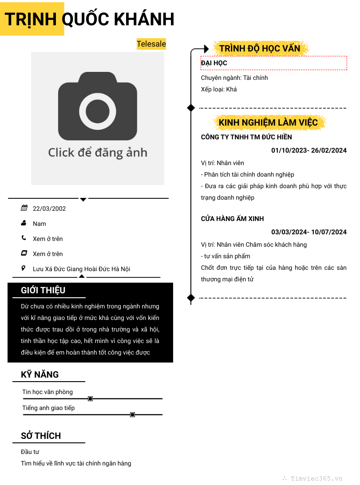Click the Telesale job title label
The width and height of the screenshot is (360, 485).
pos(151,44)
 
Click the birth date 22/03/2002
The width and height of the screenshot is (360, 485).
pos(49,209)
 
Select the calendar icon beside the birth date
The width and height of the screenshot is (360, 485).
pos(24,208)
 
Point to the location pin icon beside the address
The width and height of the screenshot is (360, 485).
pos(24,268)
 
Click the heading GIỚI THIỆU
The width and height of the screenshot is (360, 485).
pos(43,290)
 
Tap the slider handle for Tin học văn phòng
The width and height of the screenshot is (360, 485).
pos(90,399)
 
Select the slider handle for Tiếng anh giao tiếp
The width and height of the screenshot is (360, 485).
pos(132,414)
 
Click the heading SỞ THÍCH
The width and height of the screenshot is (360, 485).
pos(41,436)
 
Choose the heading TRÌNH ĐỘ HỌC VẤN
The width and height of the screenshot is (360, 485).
pos(260,48)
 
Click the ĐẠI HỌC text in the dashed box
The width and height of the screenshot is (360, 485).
pos(214,63)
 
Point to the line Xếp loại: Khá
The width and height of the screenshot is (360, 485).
pos(219,89)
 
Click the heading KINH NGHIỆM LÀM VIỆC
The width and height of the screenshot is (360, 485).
pos(268,122)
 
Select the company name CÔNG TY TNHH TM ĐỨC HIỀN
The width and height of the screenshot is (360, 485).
pos(246,137)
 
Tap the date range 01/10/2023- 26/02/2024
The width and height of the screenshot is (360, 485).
pos(309,150)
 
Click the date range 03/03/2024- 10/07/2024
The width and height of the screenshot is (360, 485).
pos(309,232)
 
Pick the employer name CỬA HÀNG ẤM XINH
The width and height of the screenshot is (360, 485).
pos(232,219)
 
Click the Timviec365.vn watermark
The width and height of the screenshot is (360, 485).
pos(316,479)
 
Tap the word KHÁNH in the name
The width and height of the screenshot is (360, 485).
pos(144,20)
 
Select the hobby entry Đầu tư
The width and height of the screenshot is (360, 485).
pos(30,452)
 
